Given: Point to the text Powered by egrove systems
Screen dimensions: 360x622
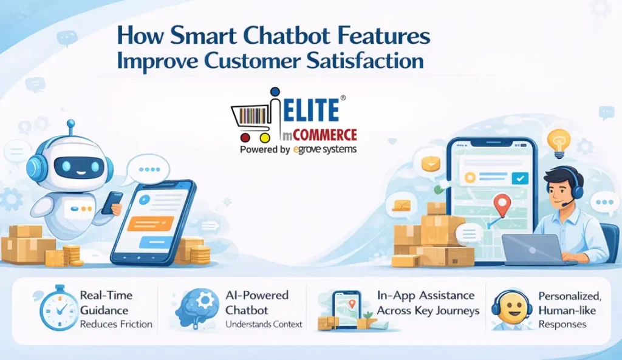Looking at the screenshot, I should pos(298,149).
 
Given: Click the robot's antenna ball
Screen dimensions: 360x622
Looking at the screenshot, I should pos(70,124).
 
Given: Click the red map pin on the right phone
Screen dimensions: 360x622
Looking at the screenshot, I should pos(501,205).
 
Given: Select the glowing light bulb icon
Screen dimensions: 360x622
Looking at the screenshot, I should pos(559,141).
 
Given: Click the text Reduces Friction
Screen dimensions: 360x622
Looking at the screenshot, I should pos(116,324).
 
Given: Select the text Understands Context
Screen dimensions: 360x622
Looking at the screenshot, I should pos(264,324).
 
